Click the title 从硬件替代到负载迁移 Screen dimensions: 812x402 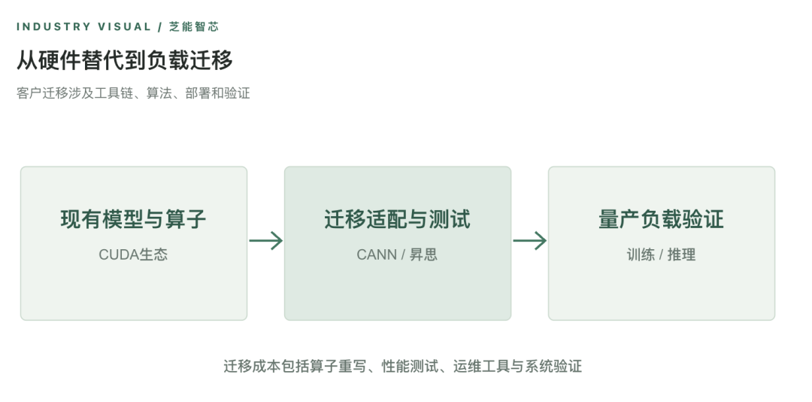tap(124, 60)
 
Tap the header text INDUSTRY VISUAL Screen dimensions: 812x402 tap(84, 27)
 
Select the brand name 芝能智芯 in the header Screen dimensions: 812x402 tap(194, 27)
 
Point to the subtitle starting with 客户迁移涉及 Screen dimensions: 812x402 tap(133, 93)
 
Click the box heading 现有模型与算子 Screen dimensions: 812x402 tap(134, 219)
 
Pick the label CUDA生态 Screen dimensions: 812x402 tap(133, 254)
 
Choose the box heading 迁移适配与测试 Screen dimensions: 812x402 tap(398, 219)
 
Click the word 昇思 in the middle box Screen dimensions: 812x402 tap(423, 254)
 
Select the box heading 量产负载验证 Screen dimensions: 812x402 tap(662, 219)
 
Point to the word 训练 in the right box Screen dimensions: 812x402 tap(641, 254)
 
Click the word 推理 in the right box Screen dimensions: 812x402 tap(682, 254)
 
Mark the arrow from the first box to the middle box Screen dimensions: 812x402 tap(265, 241)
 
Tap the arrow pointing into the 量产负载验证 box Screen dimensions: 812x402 tap(530, 241)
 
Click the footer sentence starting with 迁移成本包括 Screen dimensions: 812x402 tap(402, 366)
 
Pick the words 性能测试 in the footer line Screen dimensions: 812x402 tap(410, 366)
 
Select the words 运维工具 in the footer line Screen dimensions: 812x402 tap(482, 366)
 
